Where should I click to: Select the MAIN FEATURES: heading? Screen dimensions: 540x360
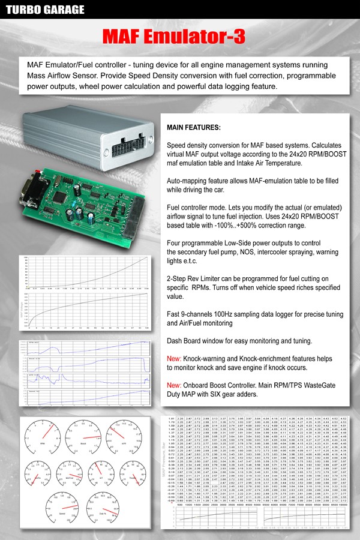[193, 128]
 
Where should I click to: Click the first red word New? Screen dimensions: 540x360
[175, 358]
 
